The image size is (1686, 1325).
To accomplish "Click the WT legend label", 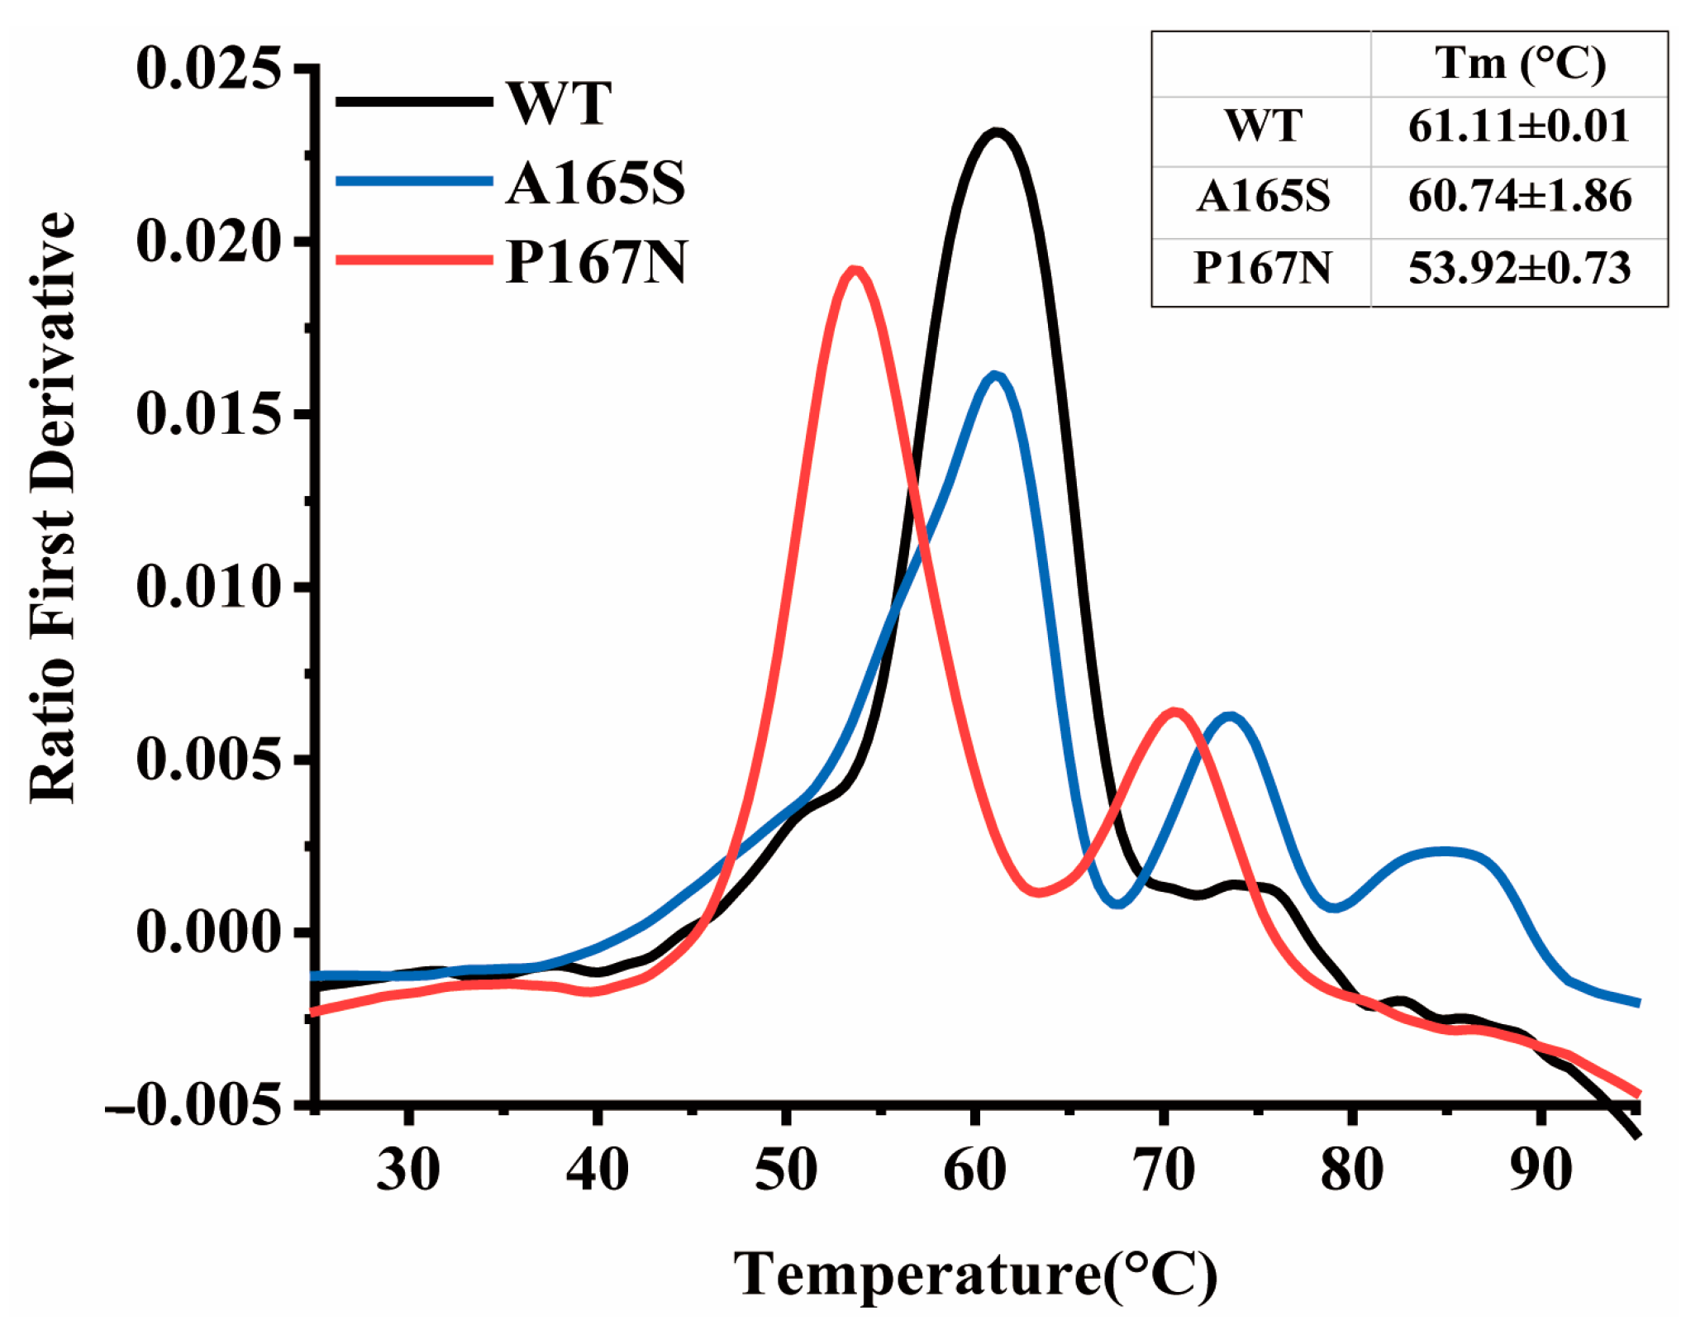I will click(x=559, y=103).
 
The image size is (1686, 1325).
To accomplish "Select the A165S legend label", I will click(x=595, y=183).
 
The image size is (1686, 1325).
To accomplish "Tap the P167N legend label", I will click(x=596, y=262).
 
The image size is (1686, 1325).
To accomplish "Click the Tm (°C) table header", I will click(x=1519, y=64).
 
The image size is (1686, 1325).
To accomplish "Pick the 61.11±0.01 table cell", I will click(x=1519, y=126).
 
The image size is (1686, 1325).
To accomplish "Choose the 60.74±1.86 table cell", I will click(x=1519, y=197).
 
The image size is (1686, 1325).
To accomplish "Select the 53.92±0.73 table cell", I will click(x=1519, y=268).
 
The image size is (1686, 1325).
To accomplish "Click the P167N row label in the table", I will click(x=1262, y=268).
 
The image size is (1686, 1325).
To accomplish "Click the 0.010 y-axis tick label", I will click(x=208, y=587).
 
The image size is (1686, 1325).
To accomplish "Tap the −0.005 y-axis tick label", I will click(x=195, y=1105).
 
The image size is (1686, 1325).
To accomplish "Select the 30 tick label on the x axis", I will click(x=408, y=1170).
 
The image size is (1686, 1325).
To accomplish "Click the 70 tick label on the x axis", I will click(x=1164, y=1170).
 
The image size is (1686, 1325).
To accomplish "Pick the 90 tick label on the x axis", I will click(x=1541, y=1170).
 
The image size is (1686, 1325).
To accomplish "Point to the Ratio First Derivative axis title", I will click(x=52, y=507).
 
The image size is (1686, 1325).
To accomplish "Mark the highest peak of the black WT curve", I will click(x=998, y=132).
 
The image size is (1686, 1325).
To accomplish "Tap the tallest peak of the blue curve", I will click(x=995, y=376).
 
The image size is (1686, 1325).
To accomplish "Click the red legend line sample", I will click(x=413, y=260).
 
